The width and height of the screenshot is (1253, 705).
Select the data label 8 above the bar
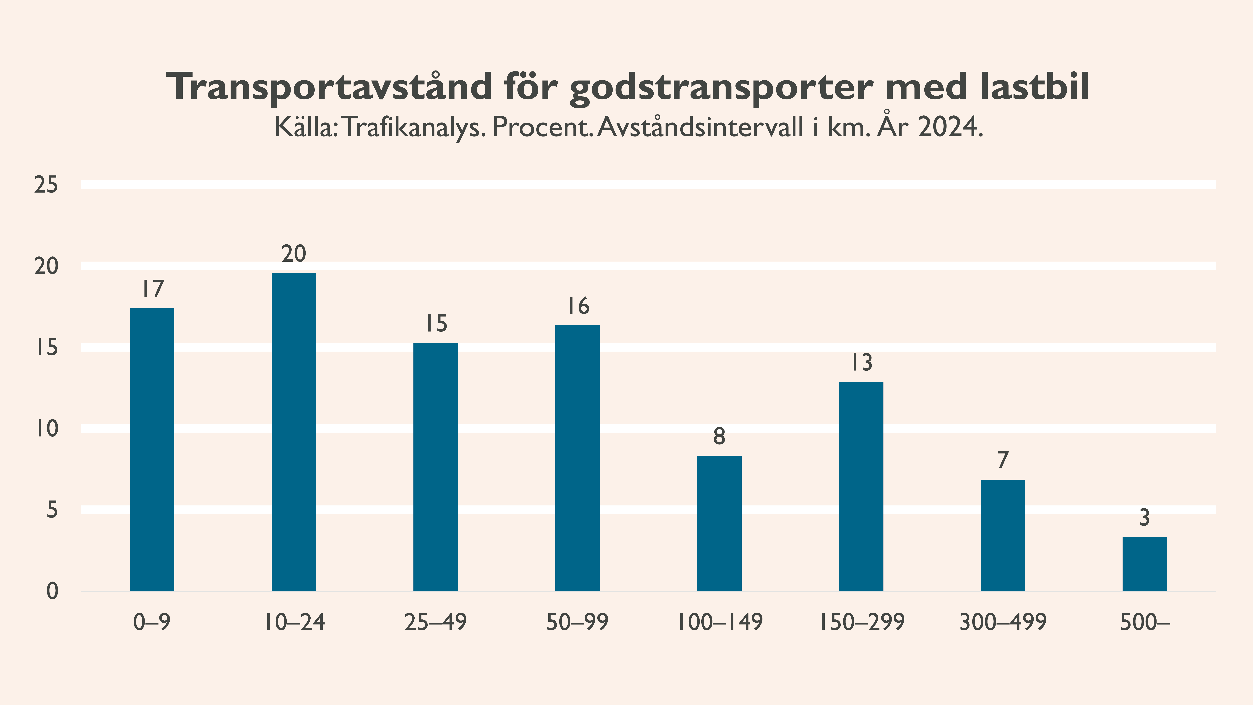[719, 436]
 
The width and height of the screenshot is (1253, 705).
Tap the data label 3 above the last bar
[1144, 518]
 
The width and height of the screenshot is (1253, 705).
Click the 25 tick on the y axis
[46, 185]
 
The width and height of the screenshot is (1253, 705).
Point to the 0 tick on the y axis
[52, 592]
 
